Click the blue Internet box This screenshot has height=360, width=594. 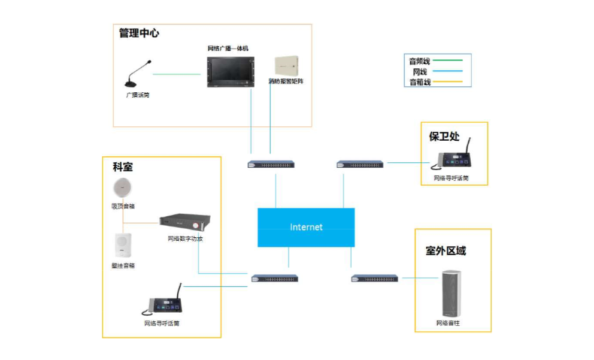tap(306, 227)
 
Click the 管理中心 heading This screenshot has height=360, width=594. tap(139, 34)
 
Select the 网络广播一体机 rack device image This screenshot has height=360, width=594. tap(231, 72)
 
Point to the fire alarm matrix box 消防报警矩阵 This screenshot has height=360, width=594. tap(285, 66)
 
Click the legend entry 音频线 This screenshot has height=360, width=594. tap(420, 61)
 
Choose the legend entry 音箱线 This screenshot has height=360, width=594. tap(420, 82)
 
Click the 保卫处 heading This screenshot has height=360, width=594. tap(444, 137)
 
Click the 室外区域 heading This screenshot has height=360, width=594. tap(445, 251)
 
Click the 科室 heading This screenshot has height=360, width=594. tap(123, 167)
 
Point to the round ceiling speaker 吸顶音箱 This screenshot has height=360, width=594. tap(123, 188)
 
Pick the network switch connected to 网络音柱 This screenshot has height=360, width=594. tap(375, 279)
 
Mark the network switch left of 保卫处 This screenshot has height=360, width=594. tap(359, 164)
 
